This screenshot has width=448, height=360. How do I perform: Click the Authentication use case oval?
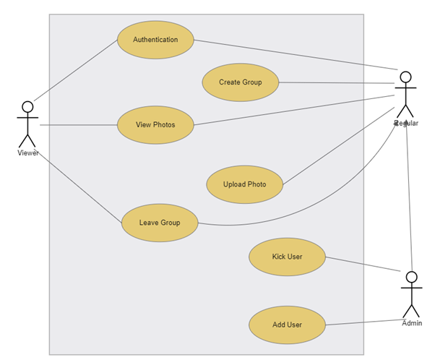click(155, 40)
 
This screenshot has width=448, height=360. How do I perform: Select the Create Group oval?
click(241, 82)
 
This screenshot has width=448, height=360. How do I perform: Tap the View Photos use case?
click(155, 125)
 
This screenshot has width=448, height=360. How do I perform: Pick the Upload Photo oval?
click(244, 184)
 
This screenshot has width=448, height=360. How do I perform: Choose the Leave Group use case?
click(160, 223)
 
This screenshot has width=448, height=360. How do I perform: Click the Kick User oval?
click(287, 257)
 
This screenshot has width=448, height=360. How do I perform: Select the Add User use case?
click(287, 325)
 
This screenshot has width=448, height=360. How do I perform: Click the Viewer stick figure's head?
click(27, 107)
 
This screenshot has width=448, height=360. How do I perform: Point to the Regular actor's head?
click(406, 77)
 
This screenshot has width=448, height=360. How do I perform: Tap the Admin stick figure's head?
click(412, 277)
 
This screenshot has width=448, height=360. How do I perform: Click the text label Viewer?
click(28, 153)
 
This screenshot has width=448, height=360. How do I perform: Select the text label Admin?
click(412, 323)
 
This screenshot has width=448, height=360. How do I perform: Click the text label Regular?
click(407, 124)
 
